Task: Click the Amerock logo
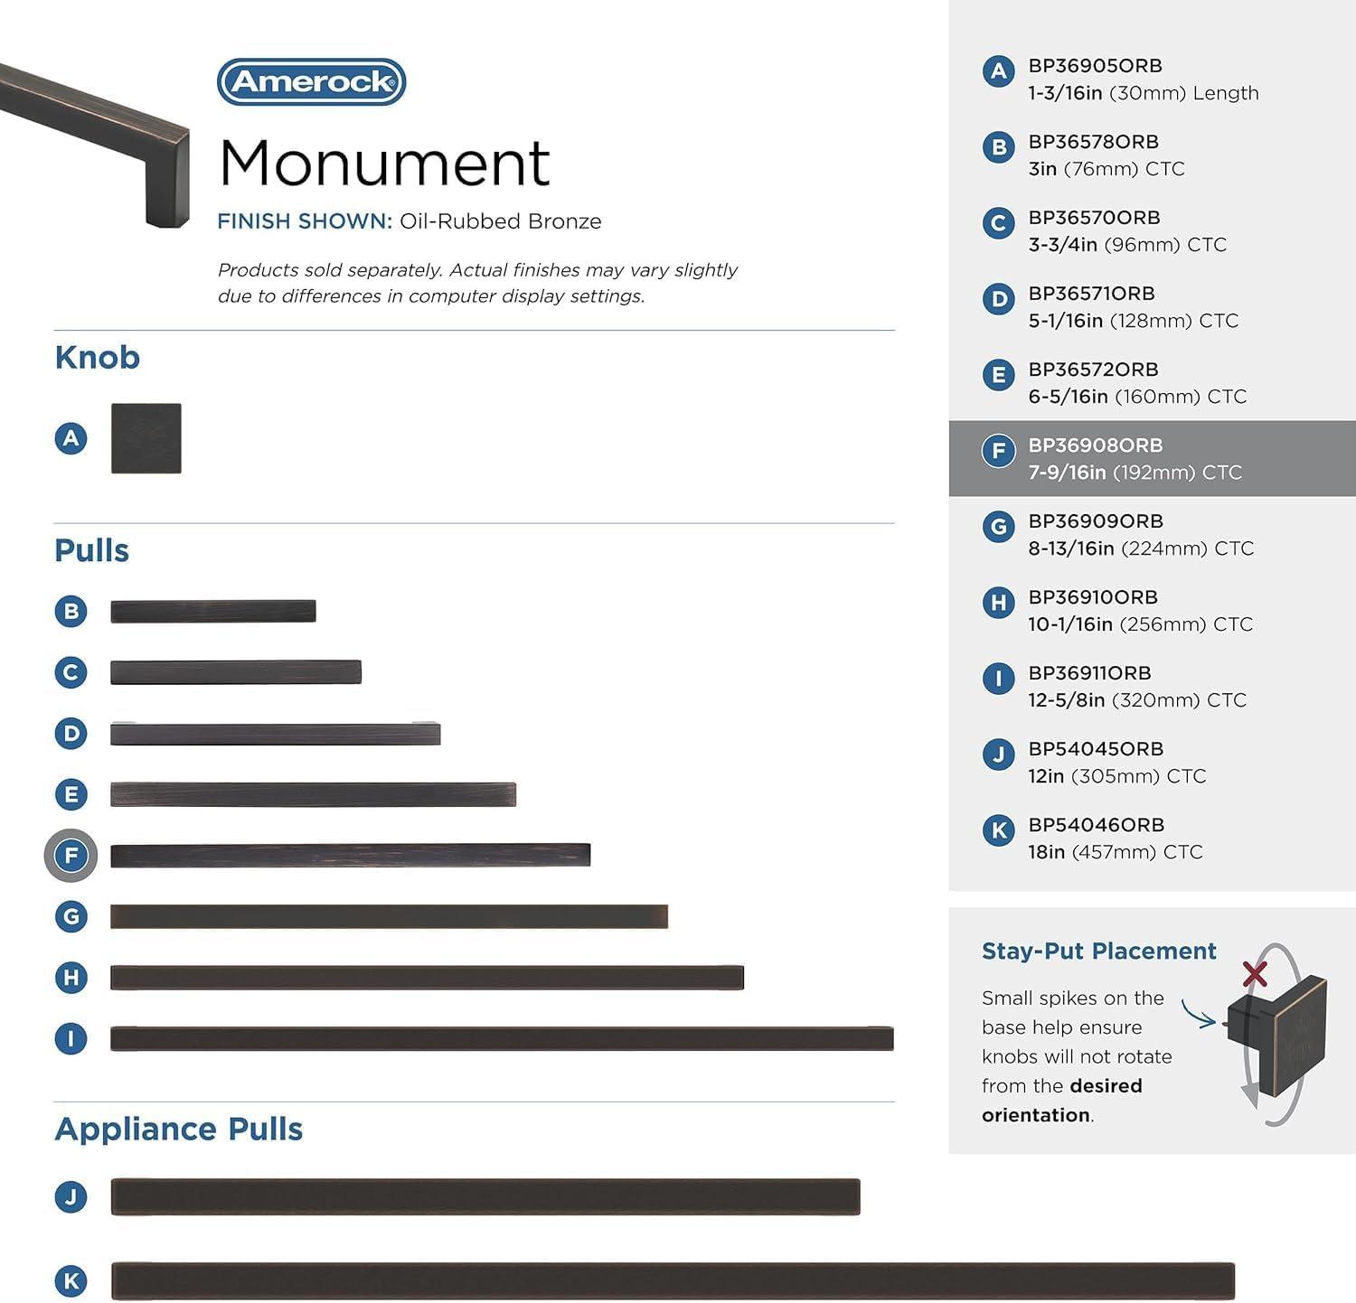click(311, 82)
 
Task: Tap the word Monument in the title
click(384, 164)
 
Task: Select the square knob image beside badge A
click(146, 438)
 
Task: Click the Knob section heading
click(97, 358)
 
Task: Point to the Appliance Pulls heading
click(178, 1130)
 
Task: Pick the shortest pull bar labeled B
click(213, 612)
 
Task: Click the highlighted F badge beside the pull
click(71, 855)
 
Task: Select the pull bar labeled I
click(502, 1039)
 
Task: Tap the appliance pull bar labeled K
click(673, 1281)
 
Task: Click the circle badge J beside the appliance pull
click(71, 1197)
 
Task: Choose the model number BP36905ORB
click(1095, 66)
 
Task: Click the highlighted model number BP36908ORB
click(1095, 445)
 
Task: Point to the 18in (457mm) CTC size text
click(1115, 852)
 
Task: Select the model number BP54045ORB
click(1095, 749)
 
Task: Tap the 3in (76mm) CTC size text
click(1106, 169)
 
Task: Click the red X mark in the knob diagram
click(1255, 973)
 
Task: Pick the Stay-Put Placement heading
click(1098, 951)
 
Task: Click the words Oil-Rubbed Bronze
click(500, 221)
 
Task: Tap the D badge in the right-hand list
click(998, 298)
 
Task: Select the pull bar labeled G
click(389, 916)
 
